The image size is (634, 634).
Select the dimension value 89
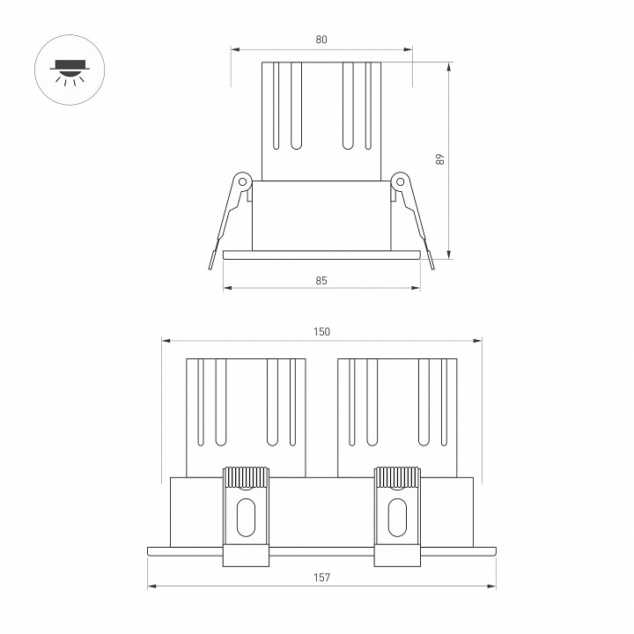point(440,159)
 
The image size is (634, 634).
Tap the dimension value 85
point(321,280)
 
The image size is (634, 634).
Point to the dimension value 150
point(321,332)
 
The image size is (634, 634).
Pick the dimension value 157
point(321,578)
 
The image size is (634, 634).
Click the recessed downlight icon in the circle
point(69,70)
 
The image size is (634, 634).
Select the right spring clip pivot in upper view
point(400,181)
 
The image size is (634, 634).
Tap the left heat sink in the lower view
point(246,414)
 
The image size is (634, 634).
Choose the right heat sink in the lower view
point(398,414)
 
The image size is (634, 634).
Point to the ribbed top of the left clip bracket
point(246,476)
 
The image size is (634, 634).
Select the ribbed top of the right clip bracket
point(397,476)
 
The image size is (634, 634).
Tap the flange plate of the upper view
point(321,256)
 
